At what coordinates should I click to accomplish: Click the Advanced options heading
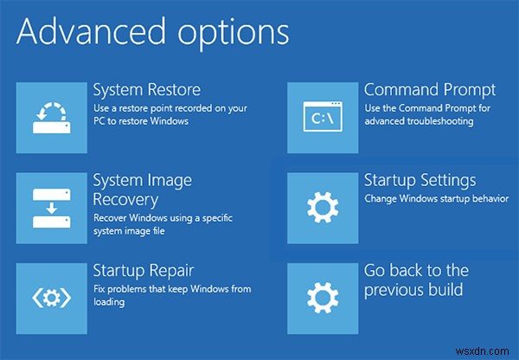point(151,32)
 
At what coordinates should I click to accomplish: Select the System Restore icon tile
point(51,117)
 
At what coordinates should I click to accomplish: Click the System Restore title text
point(147,90)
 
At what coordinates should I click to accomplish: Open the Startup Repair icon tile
point(51,298)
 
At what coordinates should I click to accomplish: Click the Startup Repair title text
point(144,271)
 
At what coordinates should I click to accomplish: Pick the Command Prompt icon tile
point(323,117)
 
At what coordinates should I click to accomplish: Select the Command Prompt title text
point(430,90)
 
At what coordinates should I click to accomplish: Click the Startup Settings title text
point(420,180)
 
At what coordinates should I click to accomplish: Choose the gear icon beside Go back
point(323,298)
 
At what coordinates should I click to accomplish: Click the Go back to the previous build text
point(417,280)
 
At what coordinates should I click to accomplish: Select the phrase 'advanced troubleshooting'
point(419,121)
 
